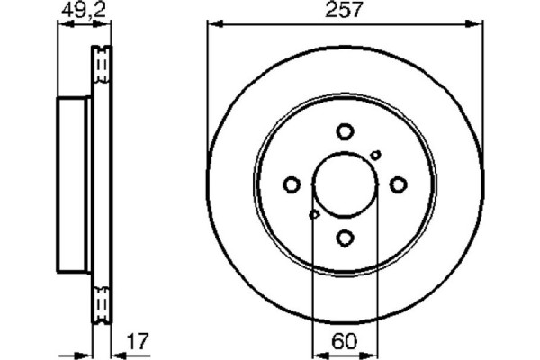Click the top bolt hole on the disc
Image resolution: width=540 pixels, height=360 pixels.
coord(346,131)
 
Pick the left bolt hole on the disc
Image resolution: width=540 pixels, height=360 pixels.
coord(292,185)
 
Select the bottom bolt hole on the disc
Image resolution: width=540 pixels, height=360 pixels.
coord(346,238)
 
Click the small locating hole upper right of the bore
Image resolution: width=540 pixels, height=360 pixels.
coord(375,156)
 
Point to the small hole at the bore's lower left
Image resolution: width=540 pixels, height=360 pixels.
coord(314,214)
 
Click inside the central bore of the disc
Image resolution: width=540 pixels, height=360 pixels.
coord(346,184)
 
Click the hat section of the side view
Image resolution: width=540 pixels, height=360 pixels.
coord(74,185)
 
